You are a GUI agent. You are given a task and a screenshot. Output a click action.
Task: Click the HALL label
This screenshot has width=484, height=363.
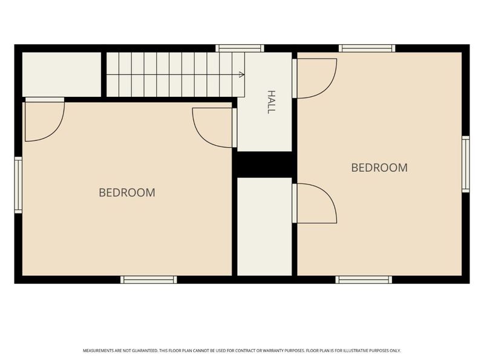tap(270, 102)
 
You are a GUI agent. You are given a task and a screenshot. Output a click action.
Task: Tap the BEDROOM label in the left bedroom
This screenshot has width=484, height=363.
tap(127, 192)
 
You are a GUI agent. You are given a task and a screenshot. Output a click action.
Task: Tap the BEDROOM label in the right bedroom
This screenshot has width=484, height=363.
tap(379, 168)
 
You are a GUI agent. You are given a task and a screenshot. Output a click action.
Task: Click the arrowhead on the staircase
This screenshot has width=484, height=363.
tap(241, 74)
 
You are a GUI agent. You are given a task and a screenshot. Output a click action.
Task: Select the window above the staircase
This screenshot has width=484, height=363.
tap(240, 48)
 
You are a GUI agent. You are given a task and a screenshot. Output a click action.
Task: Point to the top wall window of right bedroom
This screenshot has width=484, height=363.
tap(367, 48)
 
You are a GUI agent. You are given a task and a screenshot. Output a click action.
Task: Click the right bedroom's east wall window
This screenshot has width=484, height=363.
tap(465, 164)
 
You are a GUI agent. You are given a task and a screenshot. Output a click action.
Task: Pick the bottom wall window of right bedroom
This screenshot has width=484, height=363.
tap(364, 280)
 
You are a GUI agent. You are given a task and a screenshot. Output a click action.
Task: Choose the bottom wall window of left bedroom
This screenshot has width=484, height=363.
tap(148, 280)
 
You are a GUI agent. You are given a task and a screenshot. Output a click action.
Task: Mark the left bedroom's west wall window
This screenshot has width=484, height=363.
tap(19, 185)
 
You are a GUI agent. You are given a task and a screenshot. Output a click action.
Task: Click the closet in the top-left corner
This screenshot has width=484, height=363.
tap(62, 74)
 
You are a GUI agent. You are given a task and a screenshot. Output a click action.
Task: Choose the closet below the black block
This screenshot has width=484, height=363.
tap(264, 226)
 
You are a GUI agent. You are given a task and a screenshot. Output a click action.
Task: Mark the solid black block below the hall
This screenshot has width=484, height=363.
tap(264, 165)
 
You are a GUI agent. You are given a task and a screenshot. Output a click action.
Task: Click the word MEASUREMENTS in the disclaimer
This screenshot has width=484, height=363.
tap(98, 351)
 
